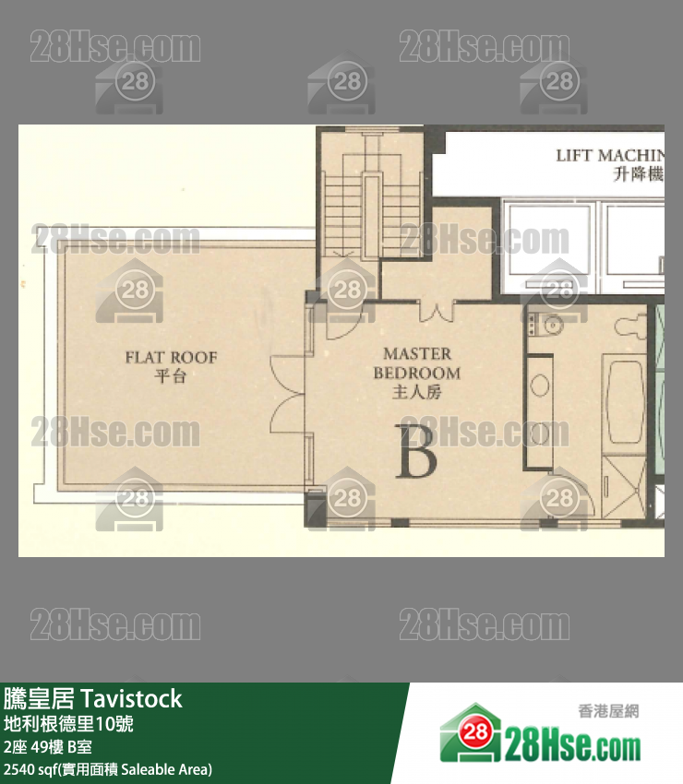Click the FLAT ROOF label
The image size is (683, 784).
tap(171, 357)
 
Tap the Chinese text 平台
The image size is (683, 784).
tap(171, 375)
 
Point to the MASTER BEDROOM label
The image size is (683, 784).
tap(417, 363)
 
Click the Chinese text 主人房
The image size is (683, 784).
tap(417, 392)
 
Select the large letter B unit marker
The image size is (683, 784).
tap(416, 450)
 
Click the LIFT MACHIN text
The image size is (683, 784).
tap(609, 155)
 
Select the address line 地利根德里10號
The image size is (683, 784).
tap(68, 724)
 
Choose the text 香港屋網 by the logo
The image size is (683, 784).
tap(607, 711)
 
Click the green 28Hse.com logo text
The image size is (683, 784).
tap(572, 742)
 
